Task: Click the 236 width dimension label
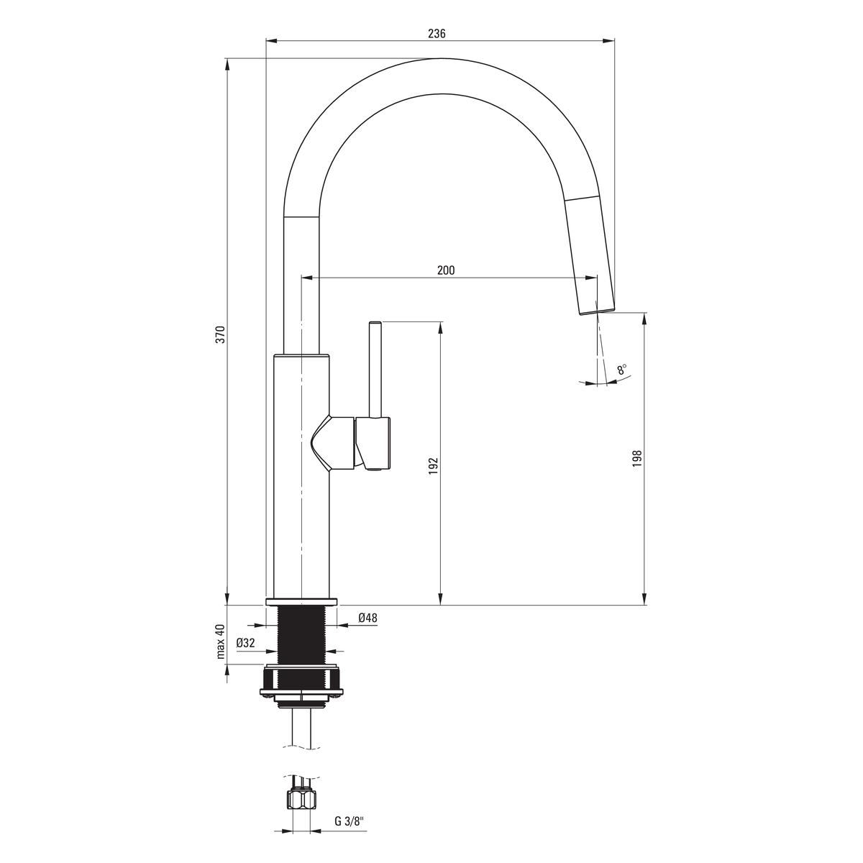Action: (x=437, y=34)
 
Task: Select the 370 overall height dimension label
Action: (x=221, y=334)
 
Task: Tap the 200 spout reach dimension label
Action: (x=446, y=270)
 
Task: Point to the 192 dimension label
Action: (x=434, y=466)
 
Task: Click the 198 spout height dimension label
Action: (x=637, y=459)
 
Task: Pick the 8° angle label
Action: (x=622, y=369)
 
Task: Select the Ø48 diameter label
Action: (x=367, y=618)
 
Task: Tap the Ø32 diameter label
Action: (x=245, y=643)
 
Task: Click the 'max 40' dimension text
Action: (x=221, y=641)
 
